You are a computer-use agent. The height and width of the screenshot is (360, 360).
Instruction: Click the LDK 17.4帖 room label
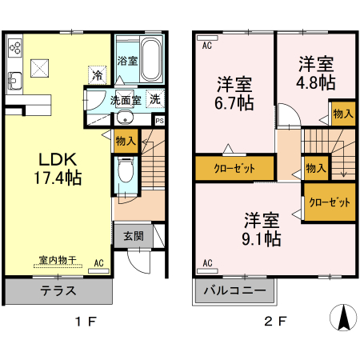tap(54, 164)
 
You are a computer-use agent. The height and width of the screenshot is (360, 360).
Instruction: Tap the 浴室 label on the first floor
tap(126, 60)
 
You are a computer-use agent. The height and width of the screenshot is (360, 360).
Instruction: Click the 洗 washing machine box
tap(154, 101)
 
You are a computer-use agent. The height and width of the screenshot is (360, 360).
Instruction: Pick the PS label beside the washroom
tap(160, 121)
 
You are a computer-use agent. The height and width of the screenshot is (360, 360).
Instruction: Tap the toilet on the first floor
tap(125, 171)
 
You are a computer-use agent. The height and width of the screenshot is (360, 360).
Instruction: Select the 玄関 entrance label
tap(134, 236)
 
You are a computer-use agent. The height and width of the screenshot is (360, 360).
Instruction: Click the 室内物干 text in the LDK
tap(57, 260)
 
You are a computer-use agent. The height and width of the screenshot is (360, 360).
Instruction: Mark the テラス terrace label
tap(58, 291)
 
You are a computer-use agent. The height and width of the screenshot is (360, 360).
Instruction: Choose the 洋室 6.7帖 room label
tap(235, 93)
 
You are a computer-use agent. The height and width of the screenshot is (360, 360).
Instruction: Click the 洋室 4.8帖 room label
tap(317, 73)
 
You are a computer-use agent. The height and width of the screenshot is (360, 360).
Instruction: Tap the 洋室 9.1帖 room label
tap(262, 228)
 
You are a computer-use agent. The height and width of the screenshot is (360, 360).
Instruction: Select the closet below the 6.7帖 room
tap(234, 169)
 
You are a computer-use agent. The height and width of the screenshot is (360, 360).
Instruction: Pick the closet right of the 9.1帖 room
tap(330, 202)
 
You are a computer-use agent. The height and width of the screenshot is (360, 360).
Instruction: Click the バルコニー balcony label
tap(234, 291)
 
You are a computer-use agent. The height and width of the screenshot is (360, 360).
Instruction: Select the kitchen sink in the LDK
tap(15, 80)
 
